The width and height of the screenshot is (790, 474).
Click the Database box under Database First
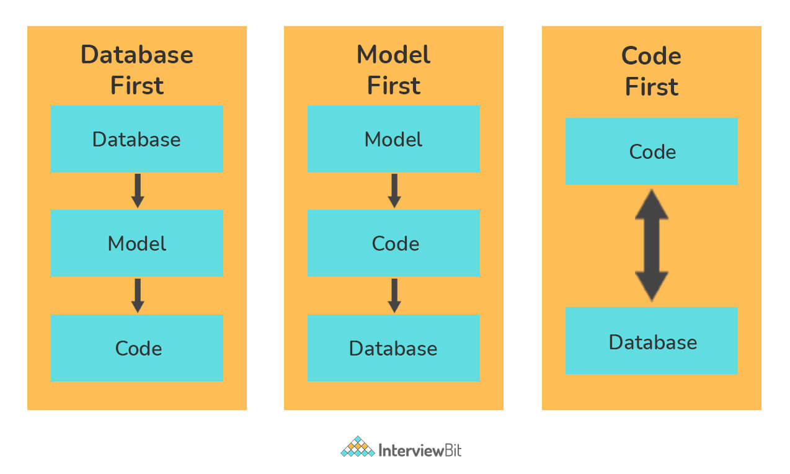(x=137, y=139)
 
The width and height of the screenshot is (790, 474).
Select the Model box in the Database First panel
(x=137, y=243)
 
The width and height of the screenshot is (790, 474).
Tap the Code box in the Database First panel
(x=137, y=348)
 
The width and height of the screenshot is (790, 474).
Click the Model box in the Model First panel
(x=394, y=139)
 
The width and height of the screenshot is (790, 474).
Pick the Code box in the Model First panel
(x=394, y=243)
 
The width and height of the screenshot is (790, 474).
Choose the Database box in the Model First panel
(x=394, y=348)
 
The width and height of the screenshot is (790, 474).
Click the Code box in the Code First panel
(x=652, y=151)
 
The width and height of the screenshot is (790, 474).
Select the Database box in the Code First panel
(x=652, y=341)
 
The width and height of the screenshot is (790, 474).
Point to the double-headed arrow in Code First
(x=652, y=245)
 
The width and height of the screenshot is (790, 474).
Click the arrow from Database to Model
(x=138, y=191)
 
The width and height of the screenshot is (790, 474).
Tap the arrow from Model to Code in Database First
(x=138, y=296)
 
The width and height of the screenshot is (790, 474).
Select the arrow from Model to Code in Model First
(x=394, y=191)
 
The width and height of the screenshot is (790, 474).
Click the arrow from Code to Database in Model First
(x=394, y=296)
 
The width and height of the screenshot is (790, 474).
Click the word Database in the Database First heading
(x=137, y=55)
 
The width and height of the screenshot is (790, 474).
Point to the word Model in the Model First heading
(x=394, y=55)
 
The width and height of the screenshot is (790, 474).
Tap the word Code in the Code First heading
(x=651, y=56)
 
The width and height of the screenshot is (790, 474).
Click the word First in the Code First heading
(x=652, y=87)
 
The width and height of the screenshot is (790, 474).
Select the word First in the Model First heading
(x=394, y=86)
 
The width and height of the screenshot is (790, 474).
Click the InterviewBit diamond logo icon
(x=358, y=447)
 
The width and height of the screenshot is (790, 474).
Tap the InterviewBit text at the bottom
(x=420, y=450)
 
